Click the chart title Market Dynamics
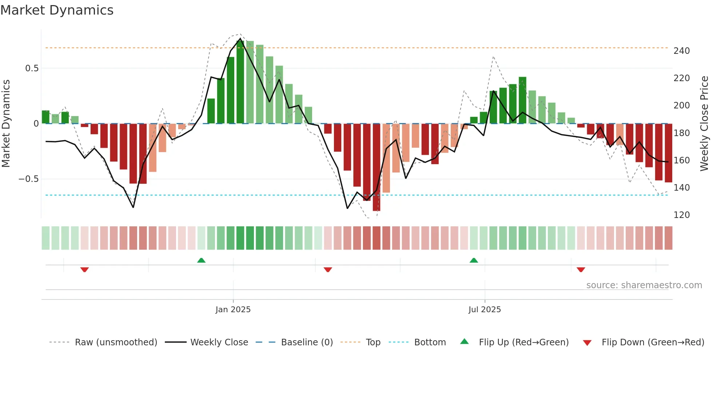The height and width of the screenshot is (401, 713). click(x=57, y=10)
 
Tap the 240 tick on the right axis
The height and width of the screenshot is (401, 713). click(x=681, y=51)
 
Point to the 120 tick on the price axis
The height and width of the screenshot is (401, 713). click(x=681, y=215)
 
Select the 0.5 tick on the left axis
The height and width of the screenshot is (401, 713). click(x=32, y=68)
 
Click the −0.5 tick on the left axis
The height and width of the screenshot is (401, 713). click(x=29, y=179)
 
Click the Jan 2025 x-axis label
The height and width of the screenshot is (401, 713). click(x=233, y=310)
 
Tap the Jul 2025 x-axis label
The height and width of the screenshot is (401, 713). click(x=484, y=310)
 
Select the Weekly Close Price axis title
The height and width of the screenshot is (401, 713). click(x=704, y=123)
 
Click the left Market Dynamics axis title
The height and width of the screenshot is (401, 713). click(x=6, y=123)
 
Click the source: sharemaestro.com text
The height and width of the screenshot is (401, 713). click(x=644, y=285)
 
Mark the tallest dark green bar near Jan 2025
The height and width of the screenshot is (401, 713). click(x=240, y=82)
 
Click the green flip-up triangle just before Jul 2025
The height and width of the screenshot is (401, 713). click(x=474, y=260)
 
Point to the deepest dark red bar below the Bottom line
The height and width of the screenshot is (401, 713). click(x=376, y=167)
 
